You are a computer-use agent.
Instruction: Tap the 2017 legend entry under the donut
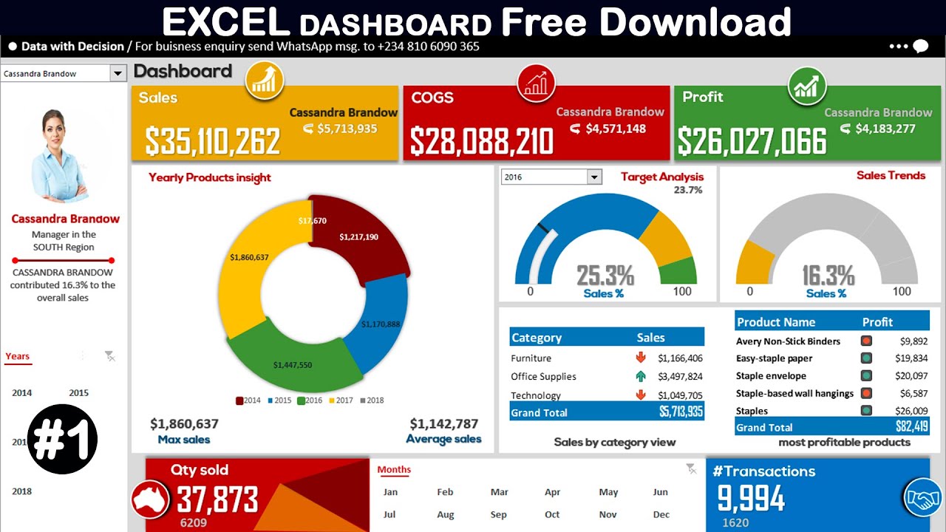tap(341, 400)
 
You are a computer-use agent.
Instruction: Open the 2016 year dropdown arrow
tap(594, 177)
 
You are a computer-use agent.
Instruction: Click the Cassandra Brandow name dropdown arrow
tap(117, 73)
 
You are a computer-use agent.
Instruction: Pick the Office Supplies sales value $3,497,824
tap(680, 376)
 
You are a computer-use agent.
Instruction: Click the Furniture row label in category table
tap(531, 358)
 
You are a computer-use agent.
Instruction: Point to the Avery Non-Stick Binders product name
tap(788, 341)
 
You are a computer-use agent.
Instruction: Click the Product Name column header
tap(776, 322)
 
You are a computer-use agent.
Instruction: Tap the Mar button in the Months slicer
tap(500, 492)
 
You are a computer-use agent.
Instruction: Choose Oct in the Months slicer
tap(552, 514)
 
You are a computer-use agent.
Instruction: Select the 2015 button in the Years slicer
tap(79, 393)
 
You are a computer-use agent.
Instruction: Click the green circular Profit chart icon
tap(807, 86)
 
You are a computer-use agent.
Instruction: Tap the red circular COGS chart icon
tap(537, 83)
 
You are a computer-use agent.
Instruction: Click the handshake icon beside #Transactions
tap(922, 498)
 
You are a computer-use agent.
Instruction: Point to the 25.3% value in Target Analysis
tap(605, 276)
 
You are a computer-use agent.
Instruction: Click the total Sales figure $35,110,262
tap(212, 140)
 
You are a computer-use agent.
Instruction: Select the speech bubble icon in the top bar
tap(920, 47)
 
